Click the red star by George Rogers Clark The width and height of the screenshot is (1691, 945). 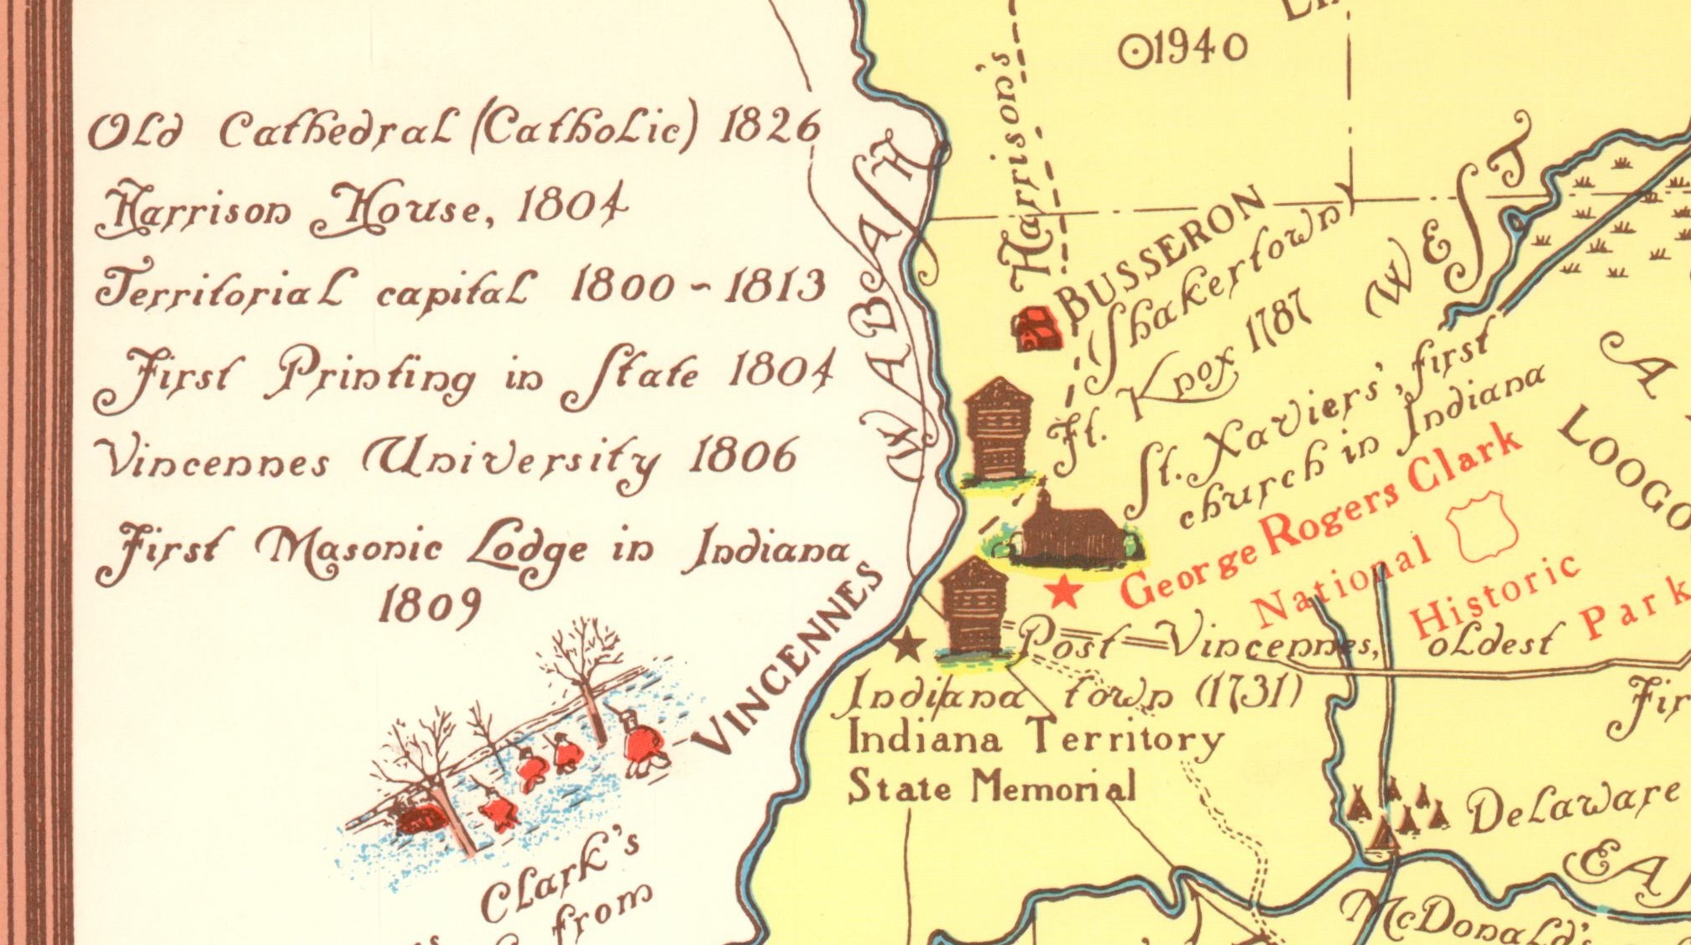pos(1064,592)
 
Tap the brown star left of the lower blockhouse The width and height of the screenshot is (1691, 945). pos(907,645)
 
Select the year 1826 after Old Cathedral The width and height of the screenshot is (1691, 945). pos(770,128)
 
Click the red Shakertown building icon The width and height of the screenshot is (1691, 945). pos(1039,328)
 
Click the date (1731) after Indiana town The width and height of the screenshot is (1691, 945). pos(1248,692)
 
